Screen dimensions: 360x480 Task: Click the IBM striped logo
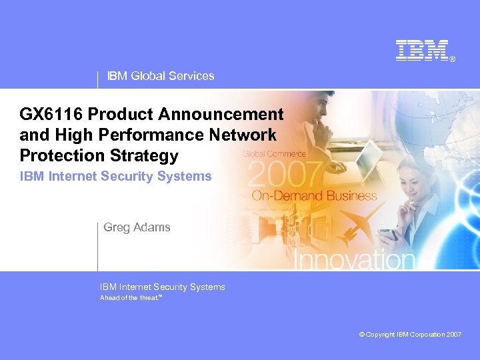click(x=421, y=51)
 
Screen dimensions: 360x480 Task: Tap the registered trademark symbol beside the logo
click(x=453, y=59)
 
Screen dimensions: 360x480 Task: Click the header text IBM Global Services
click(x=161, y=76)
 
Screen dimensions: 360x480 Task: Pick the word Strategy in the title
click(x=146, y=155)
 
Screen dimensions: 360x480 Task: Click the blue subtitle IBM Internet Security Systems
click(x=115, y=177)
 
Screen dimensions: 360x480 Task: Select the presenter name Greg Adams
click(x=137, y=227)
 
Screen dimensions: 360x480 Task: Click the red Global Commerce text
click(x=274, y=154)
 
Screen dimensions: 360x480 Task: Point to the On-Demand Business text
click(x=314, y=196)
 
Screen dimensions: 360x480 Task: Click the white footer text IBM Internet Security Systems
click(x=162, y=287)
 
